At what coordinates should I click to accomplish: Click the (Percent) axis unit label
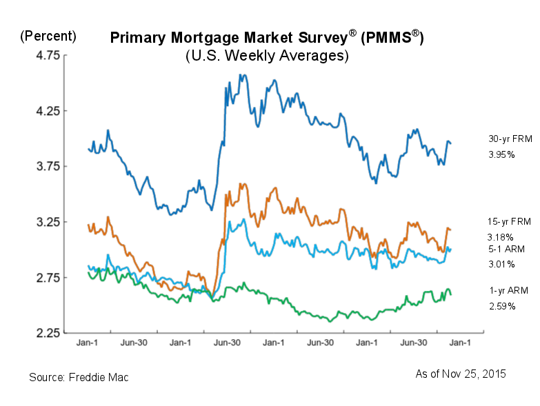(48, 36)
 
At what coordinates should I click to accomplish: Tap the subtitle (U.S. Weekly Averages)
(267, 57)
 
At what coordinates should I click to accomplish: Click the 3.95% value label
(501, 154)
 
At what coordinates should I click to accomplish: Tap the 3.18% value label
(501, 237)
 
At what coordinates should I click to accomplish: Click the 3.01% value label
(501, 264)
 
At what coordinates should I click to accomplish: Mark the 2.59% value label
(501, 305)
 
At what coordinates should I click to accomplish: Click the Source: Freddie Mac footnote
(79, 378)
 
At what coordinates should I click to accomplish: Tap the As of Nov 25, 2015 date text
(461, 374)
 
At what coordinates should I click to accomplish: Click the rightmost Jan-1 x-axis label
(460, 342)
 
